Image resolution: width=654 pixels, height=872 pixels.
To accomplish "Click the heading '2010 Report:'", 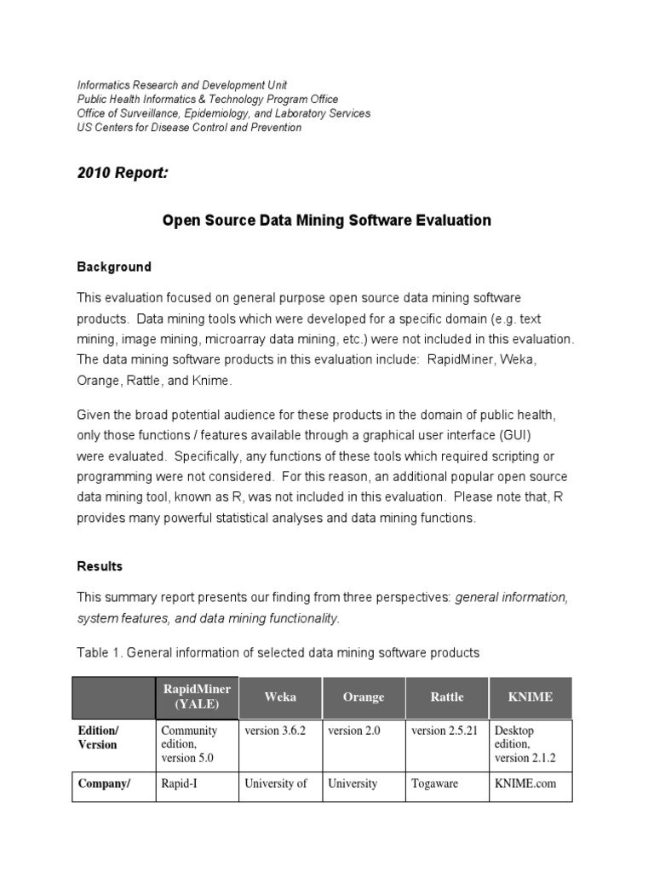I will click(123, 174).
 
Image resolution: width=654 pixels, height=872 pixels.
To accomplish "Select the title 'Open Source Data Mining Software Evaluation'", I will click(327, 221).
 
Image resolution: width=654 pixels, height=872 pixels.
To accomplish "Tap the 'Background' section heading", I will click(114, 267).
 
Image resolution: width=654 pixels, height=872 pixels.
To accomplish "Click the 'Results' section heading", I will click(100, 566).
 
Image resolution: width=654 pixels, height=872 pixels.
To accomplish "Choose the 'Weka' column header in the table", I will click(280, 697).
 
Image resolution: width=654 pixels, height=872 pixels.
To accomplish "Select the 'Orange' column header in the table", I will click(364, 697).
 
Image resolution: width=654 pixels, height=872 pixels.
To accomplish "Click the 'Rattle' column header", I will click(447, 697).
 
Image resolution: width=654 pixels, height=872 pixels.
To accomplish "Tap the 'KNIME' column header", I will click(530, 697).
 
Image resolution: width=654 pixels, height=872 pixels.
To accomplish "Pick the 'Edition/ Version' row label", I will click(100, 737).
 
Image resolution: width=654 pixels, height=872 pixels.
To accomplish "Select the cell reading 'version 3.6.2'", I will click(276, 731).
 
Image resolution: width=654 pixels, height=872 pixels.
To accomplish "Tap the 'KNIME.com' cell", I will click(525, 784).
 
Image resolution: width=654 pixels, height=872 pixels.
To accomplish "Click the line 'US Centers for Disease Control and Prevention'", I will click(189, 128).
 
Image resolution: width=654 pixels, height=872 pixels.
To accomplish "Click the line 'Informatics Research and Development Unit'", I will click(182, 84).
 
